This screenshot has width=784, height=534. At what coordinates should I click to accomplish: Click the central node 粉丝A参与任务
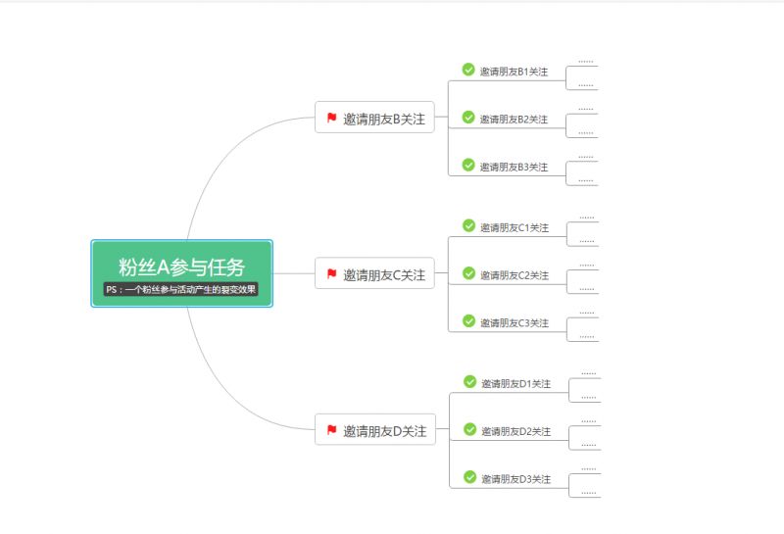click(181, 266)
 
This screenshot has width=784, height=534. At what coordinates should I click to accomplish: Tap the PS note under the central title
click(181, 290)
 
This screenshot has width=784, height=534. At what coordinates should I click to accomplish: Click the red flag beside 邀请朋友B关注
click(332, 118)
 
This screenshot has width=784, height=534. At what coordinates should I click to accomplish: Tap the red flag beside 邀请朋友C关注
click(332, 274)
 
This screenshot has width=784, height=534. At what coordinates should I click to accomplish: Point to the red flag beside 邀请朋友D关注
click(332, 429)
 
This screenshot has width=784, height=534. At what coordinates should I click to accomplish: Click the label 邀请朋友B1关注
click(514, 72)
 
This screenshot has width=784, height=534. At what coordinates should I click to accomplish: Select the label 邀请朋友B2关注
click(514, 120)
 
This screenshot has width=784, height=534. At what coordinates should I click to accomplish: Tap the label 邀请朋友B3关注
click(514, 167)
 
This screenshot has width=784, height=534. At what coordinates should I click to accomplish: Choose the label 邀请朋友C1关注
click(514, 228)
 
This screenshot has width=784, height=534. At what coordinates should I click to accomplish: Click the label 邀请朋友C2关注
click(514, 275)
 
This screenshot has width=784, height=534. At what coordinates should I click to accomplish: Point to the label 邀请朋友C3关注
click(514, 323)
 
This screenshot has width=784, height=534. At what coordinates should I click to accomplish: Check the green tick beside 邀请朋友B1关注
click(468, 70)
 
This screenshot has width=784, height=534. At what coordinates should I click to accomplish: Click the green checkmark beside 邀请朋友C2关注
click(468, 273)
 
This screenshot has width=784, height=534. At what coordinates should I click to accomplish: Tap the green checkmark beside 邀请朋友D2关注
click(469, 429)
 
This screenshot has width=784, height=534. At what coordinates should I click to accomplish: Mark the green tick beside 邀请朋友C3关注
click(468, 321)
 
